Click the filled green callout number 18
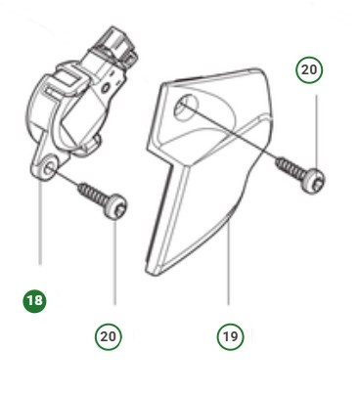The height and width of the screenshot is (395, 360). pyautogui.click(x=34, y=301)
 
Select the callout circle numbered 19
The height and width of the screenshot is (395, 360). pyautogui.click(x=230, y=336)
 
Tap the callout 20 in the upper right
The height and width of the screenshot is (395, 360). pyautogui.click(x=309, y=69)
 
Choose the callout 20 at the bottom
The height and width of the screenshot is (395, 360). pyautogui.click(x=109, y=336)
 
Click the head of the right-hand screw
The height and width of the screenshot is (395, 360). pyautogui.click(x=315, y=180)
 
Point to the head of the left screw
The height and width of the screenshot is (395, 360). pyautogui.click(x=116, y=207)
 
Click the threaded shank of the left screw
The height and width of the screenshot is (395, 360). pyautogui.click(x=92, y=195)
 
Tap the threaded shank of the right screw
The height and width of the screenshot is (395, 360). pyautogui.click(x=292, y=168)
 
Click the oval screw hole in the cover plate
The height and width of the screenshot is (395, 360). pyautogui.click(x=187, y=106)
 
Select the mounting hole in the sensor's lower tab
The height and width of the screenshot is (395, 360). pyautogui.click(x=49, y=168)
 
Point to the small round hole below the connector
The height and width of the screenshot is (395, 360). pyautogui.click(x=107, y=88)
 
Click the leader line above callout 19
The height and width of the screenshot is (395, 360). pyautogui.click(x=228, y=262)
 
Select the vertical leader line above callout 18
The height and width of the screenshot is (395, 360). pyautogui.click(x=40, y=222)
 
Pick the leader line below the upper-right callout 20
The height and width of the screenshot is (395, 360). pyautogui.click(x=316, y=132)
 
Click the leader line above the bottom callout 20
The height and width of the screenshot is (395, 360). pyautogui.click(x=114, y=262)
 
